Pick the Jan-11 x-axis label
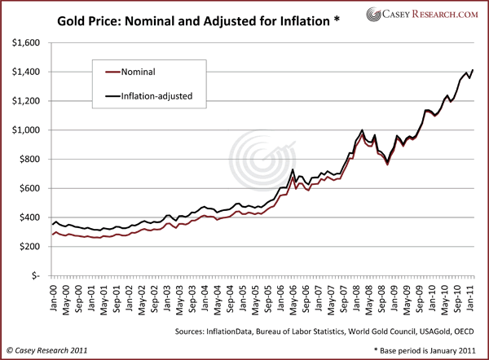pos(473,296)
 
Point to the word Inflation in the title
pos(302,15)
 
